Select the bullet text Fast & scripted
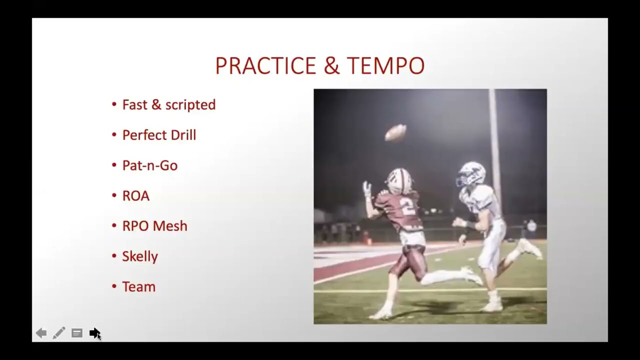[x=168, y=104]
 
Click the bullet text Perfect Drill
[x=159, y=135]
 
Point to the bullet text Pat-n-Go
[x=149, y=165]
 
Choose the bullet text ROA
[x=135, y=195]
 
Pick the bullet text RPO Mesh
[x=154, y=226]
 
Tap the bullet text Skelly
[x=140, y=256]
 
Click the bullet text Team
[x=138, y=287]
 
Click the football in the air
[x=395, y=132]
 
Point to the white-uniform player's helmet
[x=471, y=174]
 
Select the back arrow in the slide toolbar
[x=41, y=333]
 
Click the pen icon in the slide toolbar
[x=59, y=333]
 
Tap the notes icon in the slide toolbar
[x=77, y=333]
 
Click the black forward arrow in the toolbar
[x=94, y=333]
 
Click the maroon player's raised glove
[x=367, y=189]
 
